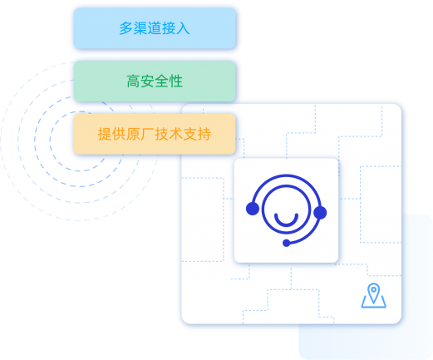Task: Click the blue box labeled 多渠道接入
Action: point(155,28)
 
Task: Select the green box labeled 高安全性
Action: point(155,81)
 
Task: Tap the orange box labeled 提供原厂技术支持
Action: point(155,134)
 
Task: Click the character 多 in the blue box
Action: point(126,28)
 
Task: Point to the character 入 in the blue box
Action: point(183,28)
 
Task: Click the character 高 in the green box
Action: point(133,81)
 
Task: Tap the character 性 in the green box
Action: point(175,81)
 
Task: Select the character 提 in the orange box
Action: point(105,134)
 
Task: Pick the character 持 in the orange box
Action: point(204,134)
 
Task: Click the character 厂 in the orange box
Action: point(147,134)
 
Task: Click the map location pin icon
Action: point(374,295)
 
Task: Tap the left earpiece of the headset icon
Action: point(253,209)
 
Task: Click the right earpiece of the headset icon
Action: point(320,213)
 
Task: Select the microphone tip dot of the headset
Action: point(286,243)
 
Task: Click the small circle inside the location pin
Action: point(374,289)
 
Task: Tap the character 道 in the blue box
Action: point(155,28)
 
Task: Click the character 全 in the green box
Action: point(161,81)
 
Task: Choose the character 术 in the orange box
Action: point(175,134)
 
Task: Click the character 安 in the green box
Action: point(147,81)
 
